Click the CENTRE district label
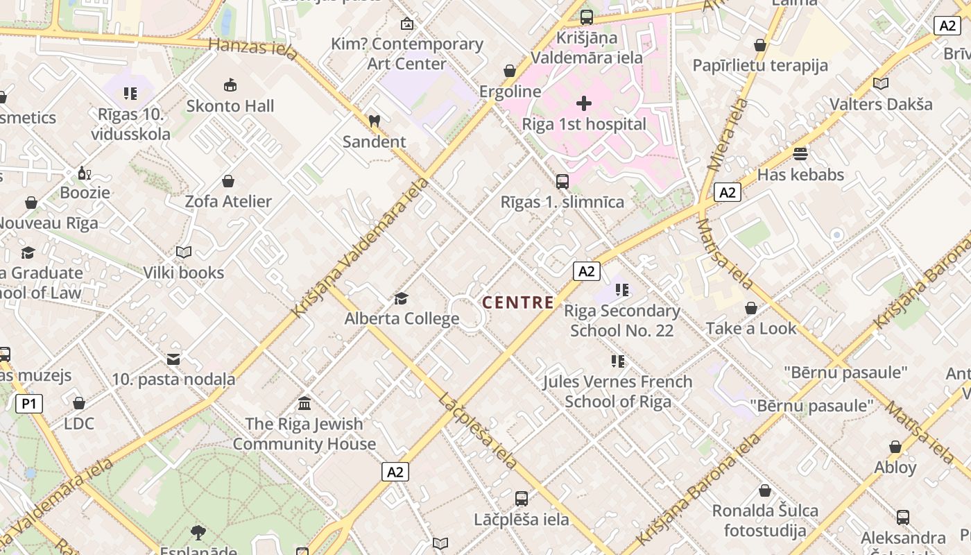point(518,302)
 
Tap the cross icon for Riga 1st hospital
point(584,103)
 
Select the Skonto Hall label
point(230,106)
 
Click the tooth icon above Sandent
point(375,121)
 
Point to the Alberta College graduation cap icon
point(401,298)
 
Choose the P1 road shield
point(29,404)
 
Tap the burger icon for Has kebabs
point(800,153)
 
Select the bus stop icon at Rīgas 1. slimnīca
point(562,182)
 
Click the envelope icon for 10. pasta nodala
point(173,359)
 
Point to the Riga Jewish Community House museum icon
point(304,403)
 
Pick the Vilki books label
point(184,273)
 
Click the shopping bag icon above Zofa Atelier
point(228,182)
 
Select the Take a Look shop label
point(751,328)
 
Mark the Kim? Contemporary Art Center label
point(407,53)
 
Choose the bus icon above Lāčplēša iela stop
point(522,499)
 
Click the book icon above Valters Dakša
point(881,84)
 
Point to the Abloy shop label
point(895,468)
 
